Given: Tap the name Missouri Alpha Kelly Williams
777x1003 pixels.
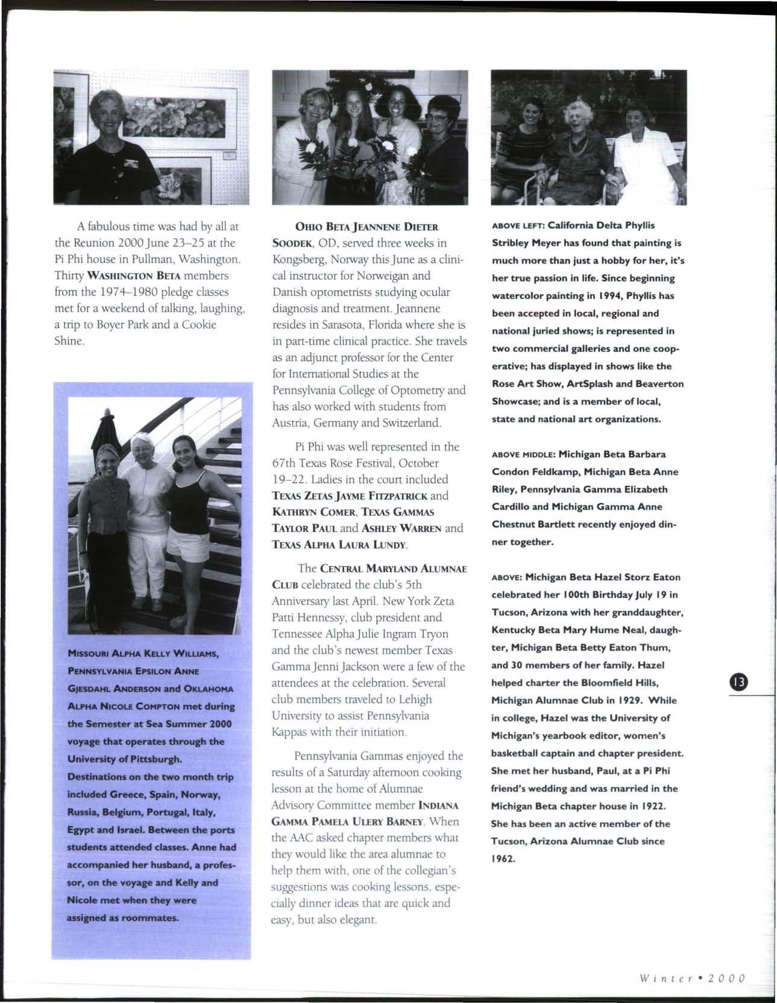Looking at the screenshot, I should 143,653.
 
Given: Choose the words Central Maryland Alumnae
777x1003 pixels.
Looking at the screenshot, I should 394,568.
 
